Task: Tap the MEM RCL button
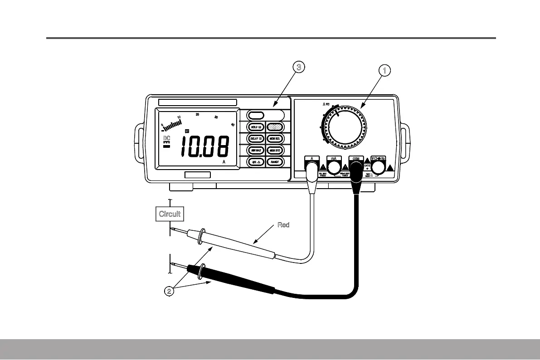pyautogui.click(x=275, y=138)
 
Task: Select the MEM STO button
pyautogui.click(x=275, y=150)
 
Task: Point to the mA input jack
pyautogui.click(x=334, y=168)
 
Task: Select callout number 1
pyautogui.click(x=384, y=70)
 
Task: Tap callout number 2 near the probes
pyautogui.click(x=169, y=291)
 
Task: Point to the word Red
pyautogui.click(x=283, y=225)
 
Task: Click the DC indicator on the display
pyautogui.click(x=166, y=138)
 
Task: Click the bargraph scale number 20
pyautogui.click(x=197, y=114)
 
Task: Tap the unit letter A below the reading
pyautogui.click(x=224, y=162)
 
